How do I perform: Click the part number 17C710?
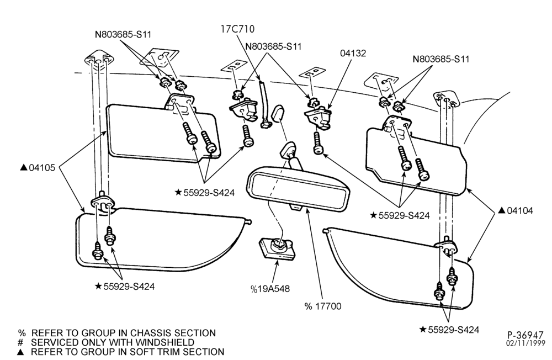tap(237, 29)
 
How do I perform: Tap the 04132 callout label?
tap(353, 53)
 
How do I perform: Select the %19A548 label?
tap(270, 289)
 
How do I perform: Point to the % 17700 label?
tap(323, 306)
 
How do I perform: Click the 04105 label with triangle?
tap(38, 168)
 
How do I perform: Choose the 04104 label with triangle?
tap(516, 211)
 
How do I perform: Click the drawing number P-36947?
tap(526, 335)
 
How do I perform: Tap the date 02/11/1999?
tap(526, 343)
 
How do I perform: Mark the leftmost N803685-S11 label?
tap(123, 34)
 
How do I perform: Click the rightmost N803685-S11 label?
tap(441, 59)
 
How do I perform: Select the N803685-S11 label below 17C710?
tap(274, 46)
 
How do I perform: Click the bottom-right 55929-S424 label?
tap(449, 330)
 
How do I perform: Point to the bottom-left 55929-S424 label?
tap(125, 287)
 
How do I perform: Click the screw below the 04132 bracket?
tap(318, 142)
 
